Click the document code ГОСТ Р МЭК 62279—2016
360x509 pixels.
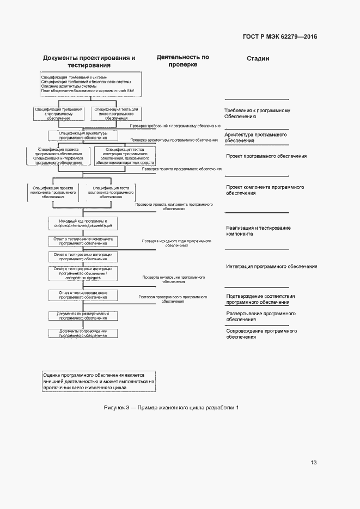coord(279,37)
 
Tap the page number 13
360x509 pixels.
coord(313,463)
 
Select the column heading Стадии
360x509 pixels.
coord(258,59)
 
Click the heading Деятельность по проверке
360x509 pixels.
coord(182,60)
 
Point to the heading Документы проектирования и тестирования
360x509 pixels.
coord(89,62)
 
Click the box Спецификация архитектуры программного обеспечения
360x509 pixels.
coord(83,136)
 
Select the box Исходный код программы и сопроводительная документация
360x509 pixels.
coord(83,224)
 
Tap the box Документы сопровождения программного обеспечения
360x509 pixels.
coord(83,333)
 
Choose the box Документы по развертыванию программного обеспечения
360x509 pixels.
coord(83,316)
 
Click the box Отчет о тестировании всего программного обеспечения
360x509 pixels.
coord(83,295)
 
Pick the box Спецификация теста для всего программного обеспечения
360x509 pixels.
coord(116,113)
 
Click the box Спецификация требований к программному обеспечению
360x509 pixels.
coord(59,113)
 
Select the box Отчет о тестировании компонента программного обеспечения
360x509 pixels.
coord(83,241)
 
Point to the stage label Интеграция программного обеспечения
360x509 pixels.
coord(271,267)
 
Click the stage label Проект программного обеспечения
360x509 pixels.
coord(266,156)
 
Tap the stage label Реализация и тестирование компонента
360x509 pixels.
coord(258,230)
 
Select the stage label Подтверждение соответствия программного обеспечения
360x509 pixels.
coord(260,299)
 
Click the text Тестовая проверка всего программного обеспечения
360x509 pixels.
coord(173,299)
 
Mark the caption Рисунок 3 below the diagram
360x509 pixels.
coord(171,408)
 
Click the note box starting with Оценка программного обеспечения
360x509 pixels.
coord(99,381)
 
